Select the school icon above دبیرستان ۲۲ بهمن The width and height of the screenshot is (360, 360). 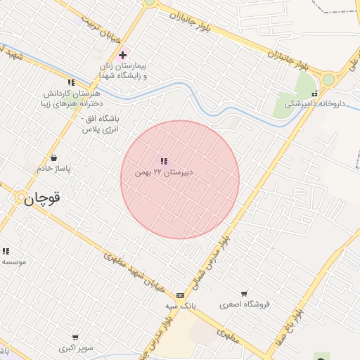pyautogui.click(x=164, y=162)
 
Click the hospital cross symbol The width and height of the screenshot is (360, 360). pyautogui.click(x=123, y=54)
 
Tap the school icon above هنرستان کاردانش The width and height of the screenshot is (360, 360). pyautogui.click(x=71, y=82)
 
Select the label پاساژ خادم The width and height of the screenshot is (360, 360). pyautogui.click(x=54, y=169)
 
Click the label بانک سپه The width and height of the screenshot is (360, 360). pyautogui.click(x=180, y=306)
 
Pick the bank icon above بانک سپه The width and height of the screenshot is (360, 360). pyautogui.click(x=181, y=295)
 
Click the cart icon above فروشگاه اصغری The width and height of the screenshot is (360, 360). pyautogui.click(x=244, y=293)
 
